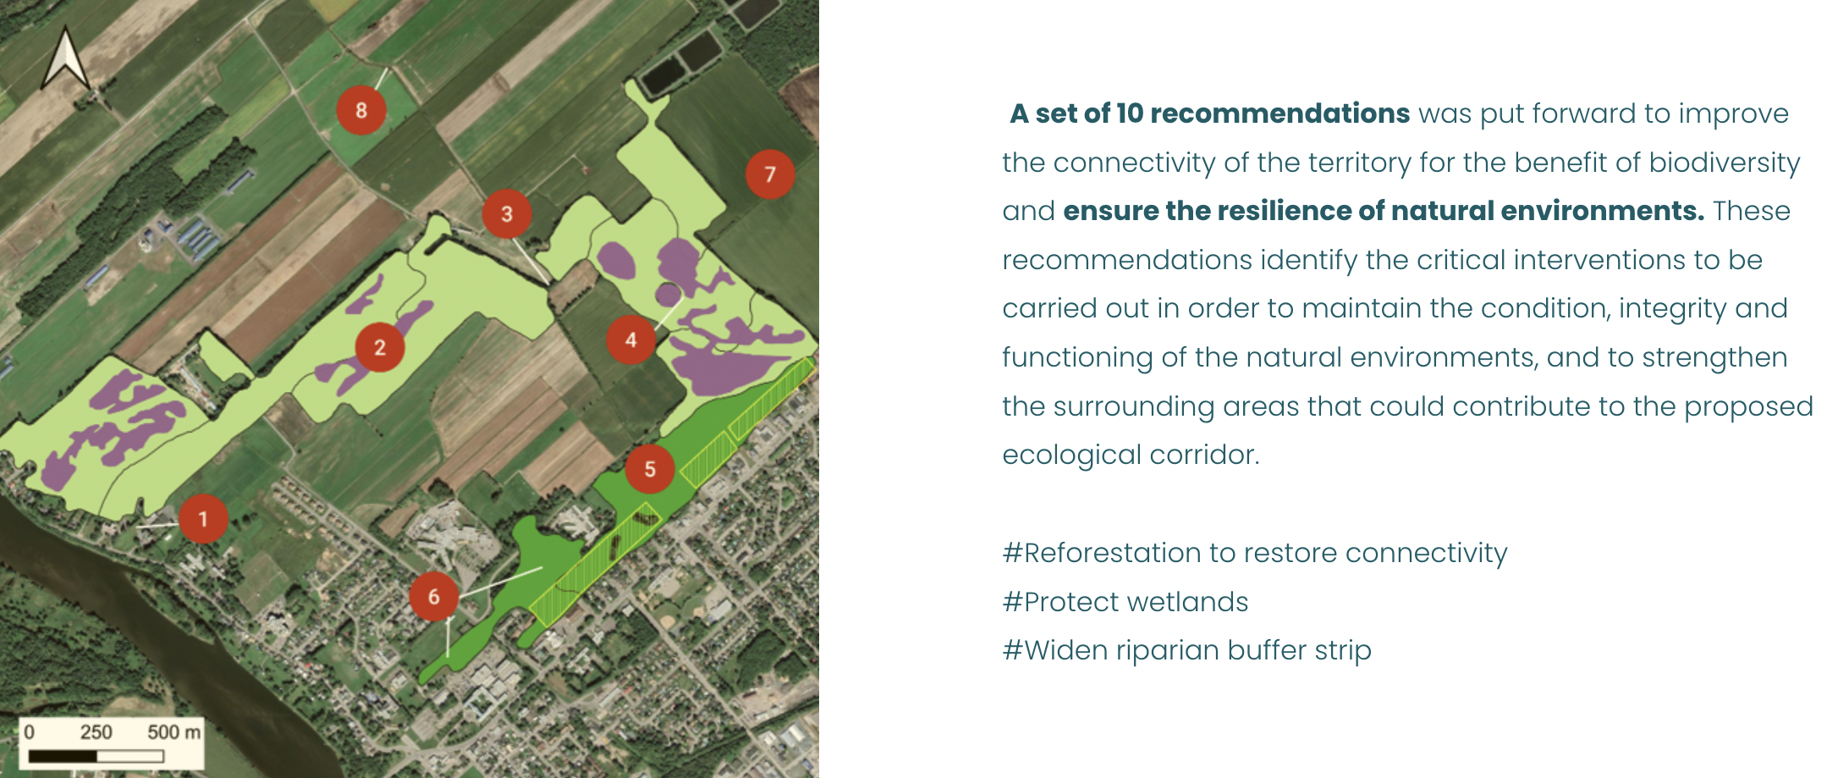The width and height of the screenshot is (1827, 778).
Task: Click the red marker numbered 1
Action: click(x=203, y=519)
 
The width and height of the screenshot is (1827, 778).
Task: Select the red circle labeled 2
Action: click(x=380, y=347)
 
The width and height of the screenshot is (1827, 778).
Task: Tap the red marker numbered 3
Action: click(x=507, y=214)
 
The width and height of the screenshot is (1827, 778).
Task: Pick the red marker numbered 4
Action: click(x=631, y=339)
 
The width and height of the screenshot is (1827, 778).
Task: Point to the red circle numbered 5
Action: click(x=650, y=469)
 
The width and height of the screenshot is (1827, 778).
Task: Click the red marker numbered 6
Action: click(x=434, y=597)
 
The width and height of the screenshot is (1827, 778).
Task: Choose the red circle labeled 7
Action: click(x=770, y=174)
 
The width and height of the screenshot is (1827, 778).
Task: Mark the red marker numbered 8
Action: click(x=361, y=110)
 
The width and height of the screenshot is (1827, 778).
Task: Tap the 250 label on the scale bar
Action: click(x=96, y=732)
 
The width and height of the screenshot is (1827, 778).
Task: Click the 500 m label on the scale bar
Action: click(x=173, y=732)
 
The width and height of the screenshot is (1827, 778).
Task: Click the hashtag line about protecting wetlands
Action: click(x=1125, y=602)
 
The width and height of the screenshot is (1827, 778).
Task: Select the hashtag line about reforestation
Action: click(x=1255, y=553)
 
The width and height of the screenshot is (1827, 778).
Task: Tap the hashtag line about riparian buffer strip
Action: click(x=1187, y=651)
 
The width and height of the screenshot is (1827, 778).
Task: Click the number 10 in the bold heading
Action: click(x=1130, y=113)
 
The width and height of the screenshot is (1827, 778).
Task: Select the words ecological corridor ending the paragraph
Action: click(x=1131, y=455)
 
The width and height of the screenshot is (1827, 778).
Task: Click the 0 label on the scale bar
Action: click(x=30, y=732)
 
